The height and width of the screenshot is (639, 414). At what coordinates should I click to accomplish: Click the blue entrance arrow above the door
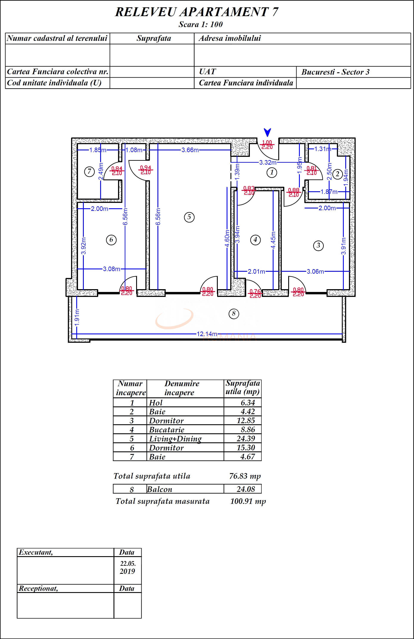click(267, 132)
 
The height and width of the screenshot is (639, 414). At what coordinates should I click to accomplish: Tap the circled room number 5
click(189, 217)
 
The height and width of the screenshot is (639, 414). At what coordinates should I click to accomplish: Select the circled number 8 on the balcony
click(233, 313)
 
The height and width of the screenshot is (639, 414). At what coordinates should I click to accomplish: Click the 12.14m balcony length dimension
click(207, 334)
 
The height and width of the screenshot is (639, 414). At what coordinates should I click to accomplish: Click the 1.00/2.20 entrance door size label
click(267, 145)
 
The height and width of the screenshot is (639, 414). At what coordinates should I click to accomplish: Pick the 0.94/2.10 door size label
click(145, 170)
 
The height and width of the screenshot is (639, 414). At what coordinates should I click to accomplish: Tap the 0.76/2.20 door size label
click(255, 293)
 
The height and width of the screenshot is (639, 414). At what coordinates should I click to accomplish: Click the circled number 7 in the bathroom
click(89, 171)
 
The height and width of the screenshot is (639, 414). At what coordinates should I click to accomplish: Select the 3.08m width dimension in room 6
click(111, 269)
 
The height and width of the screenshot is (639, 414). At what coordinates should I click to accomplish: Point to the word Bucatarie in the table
click(167, 430)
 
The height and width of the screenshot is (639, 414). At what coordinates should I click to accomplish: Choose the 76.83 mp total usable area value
click(245, 476)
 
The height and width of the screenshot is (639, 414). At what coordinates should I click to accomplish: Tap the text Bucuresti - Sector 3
click(335, 72)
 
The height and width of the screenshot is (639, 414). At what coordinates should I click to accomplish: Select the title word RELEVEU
click(145, 12)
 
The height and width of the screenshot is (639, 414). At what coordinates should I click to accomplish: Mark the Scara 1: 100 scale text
click(201, 25)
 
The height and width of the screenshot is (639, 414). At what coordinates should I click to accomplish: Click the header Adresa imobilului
click(230, 38)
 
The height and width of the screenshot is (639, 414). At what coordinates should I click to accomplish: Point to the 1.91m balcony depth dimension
click(77, 317)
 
